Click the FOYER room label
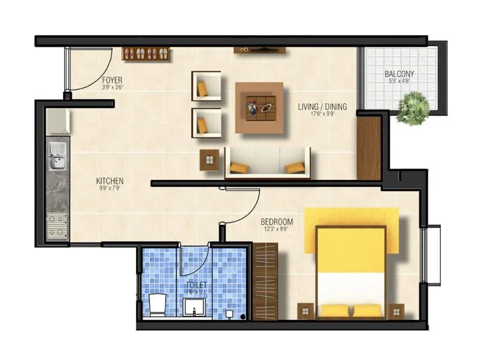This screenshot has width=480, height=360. pos(113,79)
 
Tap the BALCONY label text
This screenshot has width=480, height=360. pos(399,74)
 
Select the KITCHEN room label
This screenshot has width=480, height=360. pos(110,181)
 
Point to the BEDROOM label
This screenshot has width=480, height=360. pos(277,221)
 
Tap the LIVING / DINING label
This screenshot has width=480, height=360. pos(322,107)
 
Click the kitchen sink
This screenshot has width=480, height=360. pos(58,161)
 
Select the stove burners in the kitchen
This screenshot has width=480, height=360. pos(58,225)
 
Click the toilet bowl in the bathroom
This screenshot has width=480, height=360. pos(157,304)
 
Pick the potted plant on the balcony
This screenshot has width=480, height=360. pos(413,109)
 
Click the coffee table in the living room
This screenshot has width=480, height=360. pos(259,108)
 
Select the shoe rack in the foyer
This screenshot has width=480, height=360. pos(146,54)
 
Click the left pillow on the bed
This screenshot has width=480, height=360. pos(334,310)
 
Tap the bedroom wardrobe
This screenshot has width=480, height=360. pos(265,281)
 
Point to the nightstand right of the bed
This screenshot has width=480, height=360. pos(396,311)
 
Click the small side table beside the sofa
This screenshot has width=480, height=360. pos(209,160)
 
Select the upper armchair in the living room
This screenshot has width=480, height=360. pos(206,86)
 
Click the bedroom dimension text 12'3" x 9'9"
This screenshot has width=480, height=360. pos(277,229)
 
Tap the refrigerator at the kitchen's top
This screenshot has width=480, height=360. pos(58,122)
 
